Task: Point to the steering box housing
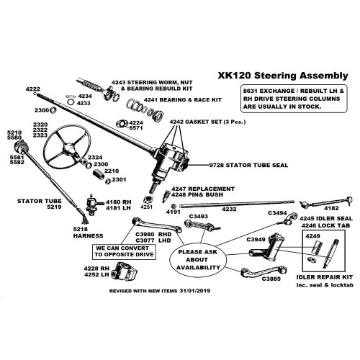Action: [172, 156]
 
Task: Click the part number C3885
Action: [271, 278]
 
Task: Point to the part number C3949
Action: [256, 238]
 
